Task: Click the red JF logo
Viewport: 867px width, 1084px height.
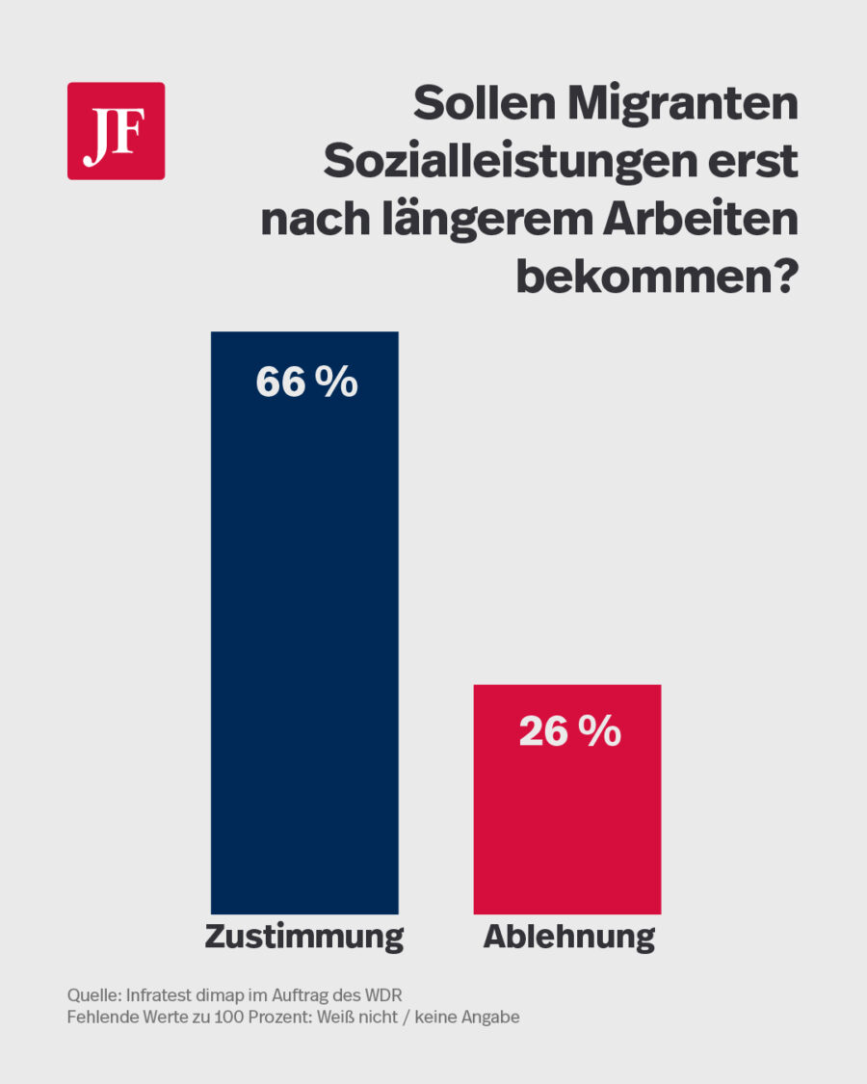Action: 116,131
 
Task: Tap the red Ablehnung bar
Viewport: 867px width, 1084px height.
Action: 566,809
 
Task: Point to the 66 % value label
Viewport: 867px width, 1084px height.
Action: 306,383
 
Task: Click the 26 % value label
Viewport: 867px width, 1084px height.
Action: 569,732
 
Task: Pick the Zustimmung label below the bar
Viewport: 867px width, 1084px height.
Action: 303,937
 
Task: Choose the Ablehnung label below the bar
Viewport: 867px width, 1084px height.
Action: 568,937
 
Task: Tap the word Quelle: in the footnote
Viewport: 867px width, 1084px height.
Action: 93,994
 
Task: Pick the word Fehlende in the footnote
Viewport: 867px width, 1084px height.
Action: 100,1018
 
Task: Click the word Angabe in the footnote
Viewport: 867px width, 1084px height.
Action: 493,1018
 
